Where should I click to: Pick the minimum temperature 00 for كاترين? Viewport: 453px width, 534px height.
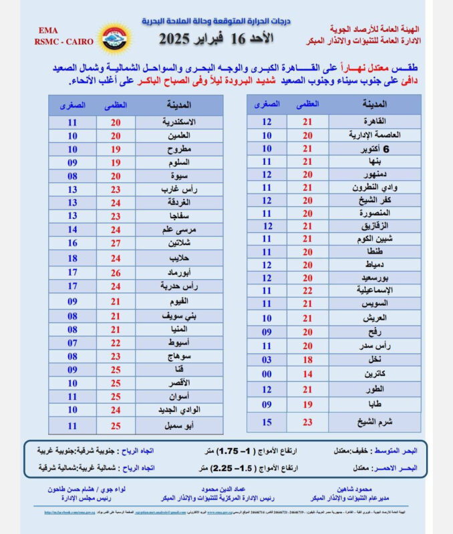(267, 374)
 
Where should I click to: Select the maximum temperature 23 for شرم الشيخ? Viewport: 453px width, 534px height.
(307, 421)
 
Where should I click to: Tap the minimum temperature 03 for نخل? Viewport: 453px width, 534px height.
(267, 360)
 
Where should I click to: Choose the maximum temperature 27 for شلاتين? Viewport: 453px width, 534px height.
(116, 243)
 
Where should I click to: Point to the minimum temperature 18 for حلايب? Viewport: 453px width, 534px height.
(72, 258)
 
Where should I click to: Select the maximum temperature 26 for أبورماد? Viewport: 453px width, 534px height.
(116, 272)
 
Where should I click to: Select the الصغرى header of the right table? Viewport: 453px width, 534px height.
(267, 104)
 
